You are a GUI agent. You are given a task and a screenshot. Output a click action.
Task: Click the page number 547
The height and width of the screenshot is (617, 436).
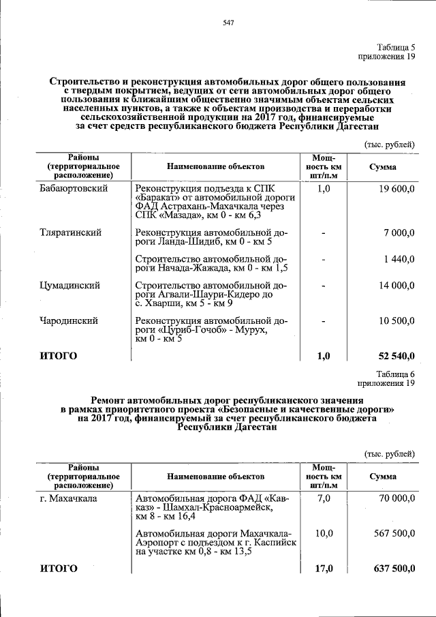point(228,23)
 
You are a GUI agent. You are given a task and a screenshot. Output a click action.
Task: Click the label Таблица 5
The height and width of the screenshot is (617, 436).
point(396,47)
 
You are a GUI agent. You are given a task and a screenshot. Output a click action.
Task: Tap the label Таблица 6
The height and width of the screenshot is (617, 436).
point(396,373)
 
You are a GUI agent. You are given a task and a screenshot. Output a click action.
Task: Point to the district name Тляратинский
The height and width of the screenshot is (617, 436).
point(71,232)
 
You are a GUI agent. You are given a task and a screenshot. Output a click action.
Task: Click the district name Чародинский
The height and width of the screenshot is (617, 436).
point(69,320)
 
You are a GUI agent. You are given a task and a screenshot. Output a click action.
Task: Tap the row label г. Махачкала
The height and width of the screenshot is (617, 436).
point(68,498)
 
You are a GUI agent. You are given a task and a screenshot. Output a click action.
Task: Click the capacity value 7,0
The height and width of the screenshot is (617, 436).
point(324,498)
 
